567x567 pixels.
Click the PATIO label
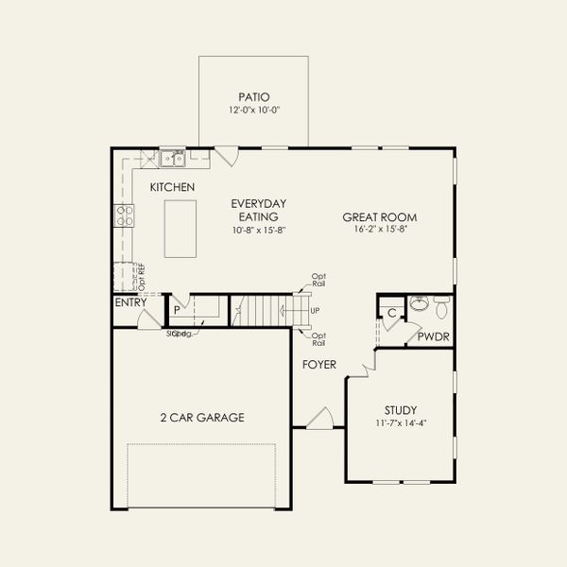[x=253, y=96]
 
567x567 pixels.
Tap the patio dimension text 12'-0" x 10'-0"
[x=253, y=111]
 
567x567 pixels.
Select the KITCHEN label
[x=172, y=188]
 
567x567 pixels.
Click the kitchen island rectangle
[x=182, y=228]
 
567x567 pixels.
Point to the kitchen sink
[x=172, y=158]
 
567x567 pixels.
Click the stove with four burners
[x=124, y=215]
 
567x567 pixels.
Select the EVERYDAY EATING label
[x=259, y=210]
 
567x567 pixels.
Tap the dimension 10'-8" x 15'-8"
[x=259, y=231]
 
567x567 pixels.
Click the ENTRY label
[x=130, y=303]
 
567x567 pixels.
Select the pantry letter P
[x=176, y=310]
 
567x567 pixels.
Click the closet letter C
[x=391, y=313]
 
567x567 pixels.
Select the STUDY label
[x=401, y=410]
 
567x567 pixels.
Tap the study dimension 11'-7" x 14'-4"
[x=401, y=423]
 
